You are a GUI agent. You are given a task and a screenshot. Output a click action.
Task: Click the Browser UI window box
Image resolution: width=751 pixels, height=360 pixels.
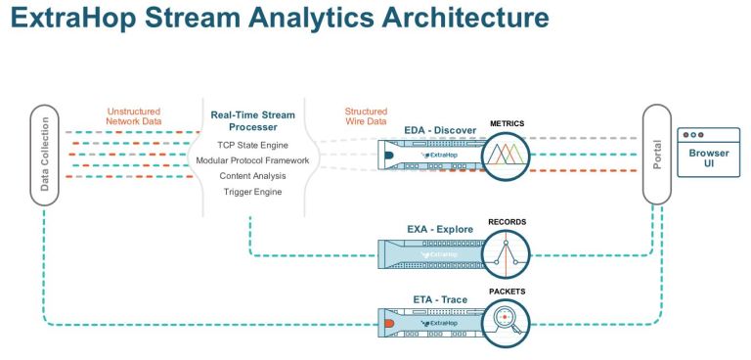[708, 153]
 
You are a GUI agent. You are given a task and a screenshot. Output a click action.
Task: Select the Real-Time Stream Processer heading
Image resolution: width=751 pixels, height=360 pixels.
[252, 121]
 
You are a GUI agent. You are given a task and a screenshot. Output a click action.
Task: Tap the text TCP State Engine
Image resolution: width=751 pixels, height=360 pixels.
[252, 145]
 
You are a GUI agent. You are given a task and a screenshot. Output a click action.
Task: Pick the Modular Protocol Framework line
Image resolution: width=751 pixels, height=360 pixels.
[252, 160]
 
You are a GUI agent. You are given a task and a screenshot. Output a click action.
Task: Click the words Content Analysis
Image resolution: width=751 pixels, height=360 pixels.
[252, 176]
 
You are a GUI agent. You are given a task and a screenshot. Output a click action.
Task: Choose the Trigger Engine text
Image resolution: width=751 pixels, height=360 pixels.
[252, 192]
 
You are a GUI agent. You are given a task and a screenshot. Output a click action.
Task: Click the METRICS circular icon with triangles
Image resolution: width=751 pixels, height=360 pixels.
[505, 155]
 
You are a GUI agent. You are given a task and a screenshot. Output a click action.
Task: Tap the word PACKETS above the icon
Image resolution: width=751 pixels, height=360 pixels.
[506, 291]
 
